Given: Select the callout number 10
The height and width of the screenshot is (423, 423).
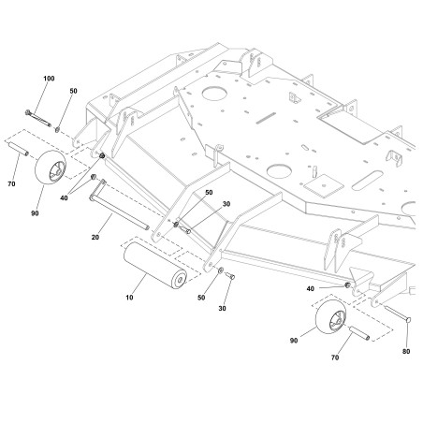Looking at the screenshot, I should [129, 299].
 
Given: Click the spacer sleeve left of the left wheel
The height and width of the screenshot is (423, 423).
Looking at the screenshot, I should [23, 151].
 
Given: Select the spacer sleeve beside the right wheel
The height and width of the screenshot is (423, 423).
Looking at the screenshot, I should [361, 332].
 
